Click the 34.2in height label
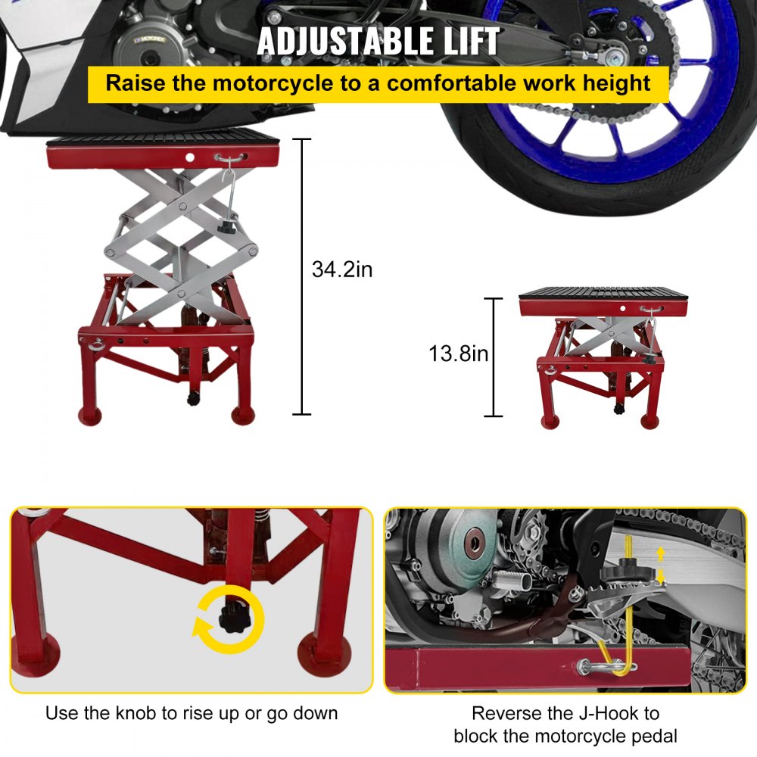[x=342, y=269]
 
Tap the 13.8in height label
[x=459, y=354]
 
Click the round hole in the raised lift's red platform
[x=191, y=159]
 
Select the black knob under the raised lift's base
[x=192, y=397]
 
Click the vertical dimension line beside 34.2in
[x=302, y=276]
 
